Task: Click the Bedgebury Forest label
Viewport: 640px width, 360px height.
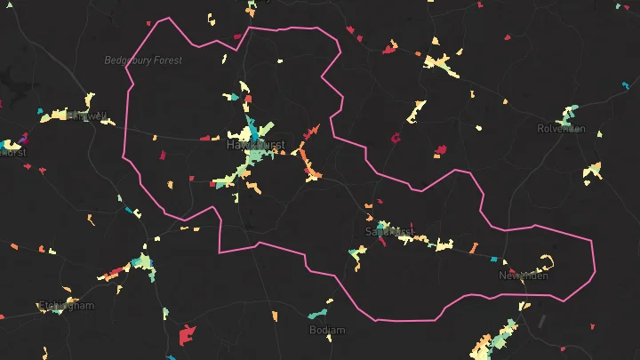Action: (143, 60)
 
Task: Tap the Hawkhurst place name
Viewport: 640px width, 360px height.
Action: (255, 144)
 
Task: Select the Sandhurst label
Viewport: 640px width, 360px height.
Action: (390, 231)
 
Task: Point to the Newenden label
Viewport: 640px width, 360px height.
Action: (523, 276)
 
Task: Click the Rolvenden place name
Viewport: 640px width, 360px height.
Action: (561, 128)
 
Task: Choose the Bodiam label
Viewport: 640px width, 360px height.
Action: (326, 330)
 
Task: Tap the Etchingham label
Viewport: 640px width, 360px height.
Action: (66, 306)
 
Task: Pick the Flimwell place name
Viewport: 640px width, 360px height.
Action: (84, 116)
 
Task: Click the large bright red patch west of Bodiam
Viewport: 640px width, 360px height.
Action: (187, 335)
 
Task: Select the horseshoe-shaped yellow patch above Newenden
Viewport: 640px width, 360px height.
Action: (547, 261)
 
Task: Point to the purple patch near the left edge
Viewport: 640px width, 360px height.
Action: (23, 139)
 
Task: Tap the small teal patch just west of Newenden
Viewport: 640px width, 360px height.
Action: (494, 259)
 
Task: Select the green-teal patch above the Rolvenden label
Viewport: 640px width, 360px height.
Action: (567, 115)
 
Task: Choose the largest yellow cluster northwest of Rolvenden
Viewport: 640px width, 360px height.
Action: (441, 63)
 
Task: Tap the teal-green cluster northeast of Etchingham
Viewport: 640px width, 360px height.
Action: (142, 264)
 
